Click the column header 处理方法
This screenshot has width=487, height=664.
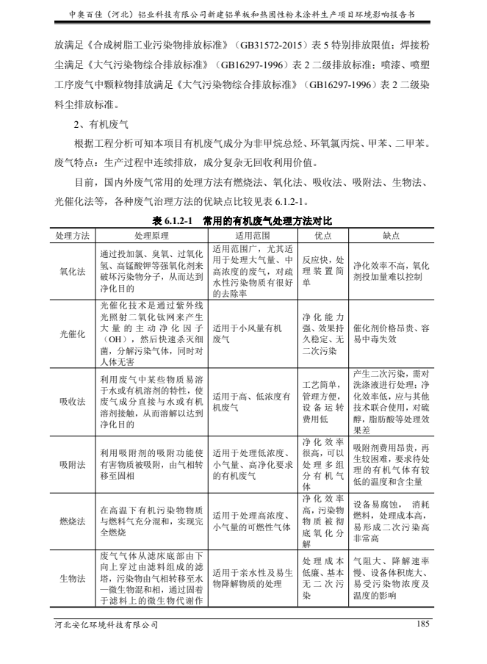pyautogui.click(x=72, y=236)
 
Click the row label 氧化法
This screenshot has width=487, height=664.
pyautogui.click(x=72, y=270)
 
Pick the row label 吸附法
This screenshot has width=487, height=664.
pyautogui.click(x=72, y=466)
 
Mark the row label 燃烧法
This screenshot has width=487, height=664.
pyautogui.click(x=72, y=522)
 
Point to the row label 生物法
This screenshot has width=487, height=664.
pyautogui.click(x=72, y=578)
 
